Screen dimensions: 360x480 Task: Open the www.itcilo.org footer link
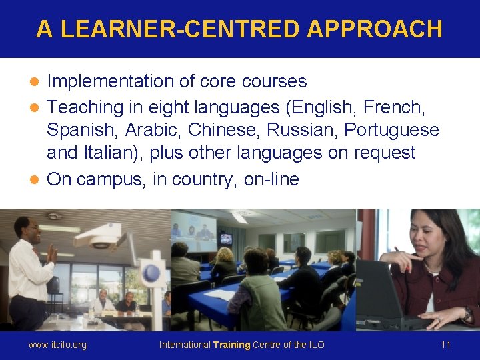pyautogui.click(x=57, y=345)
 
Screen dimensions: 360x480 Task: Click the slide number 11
pyautogui.click(x=446, y=345)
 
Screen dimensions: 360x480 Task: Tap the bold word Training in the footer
pyautogui.click(x=231, y=345)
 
